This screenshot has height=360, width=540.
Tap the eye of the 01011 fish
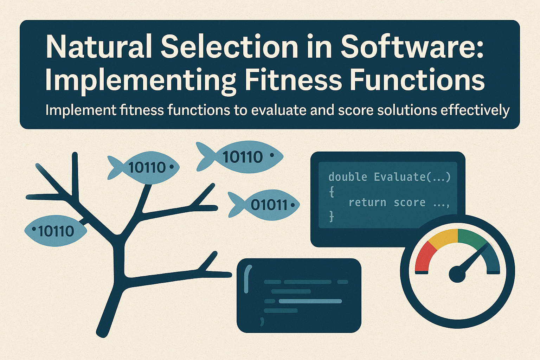(291, 205)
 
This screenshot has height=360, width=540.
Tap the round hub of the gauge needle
(457, 274)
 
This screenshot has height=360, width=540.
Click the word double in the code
(347, 176)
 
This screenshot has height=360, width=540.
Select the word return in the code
(367, 202)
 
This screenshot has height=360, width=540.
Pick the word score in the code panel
(409, 202)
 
